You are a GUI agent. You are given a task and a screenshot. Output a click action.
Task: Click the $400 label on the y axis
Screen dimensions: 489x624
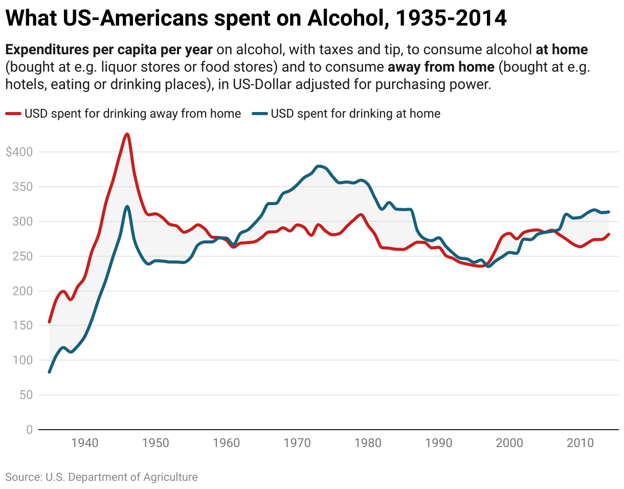[x=19, y=152]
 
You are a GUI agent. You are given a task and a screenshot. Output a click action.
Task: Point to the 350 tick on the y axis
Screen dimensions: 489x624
[x=22, y=187]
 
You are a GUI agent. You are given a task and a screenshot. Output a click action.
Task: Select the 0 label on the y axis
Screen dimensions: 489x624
[x=29, y=430]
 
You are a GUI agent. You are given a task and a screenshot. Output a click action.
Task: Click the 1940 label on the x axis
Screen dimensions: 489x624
[x=85, y=443]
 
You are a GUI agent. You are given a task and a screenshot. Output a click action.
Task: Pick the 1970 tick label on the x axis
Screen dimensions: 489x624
[x=298, y=443]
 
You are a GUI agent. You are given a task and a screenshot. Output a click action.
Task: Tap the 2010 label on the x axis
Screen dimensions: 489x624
[x=581, y=443]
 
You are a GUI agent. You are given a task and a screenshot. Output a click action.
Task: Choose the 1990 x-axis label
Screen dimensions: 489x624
[x=439, y=443]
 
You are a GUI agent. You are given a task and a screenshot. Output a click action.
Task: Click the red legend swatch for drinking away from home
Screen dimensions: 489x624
[x=13, y=114]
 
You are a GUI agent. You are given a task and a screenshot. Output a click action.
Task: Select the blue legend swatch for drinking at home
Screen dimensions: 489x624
[x=260, y=114]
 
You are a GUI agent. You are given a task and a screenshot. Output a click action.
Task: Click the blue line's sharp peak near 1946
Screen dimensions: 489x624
[x=127, y=206]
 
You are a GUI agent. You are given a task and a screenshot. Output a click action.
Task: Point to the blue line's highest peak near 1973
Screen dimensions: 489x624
[x=319, y=166]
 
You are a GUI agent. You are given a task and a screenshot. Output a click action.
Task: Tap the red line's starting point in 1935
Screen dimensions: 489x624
[x=50, y=322]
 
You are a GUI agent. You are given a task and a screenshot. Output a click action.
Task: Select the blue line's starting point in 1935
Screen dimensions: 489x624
[x=50, y=372]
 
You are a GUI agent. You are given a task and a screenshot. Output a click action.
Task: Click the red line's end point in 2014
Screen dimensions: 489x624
[x=609, y=234]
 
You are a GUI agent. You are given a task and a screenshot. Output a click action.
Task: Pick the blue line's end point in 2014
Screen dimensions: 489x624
[x=609, y=212]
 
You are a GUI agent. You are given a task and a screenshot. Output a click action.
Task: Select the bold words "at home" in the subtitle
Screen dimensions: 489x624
[x=562, y=50]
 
